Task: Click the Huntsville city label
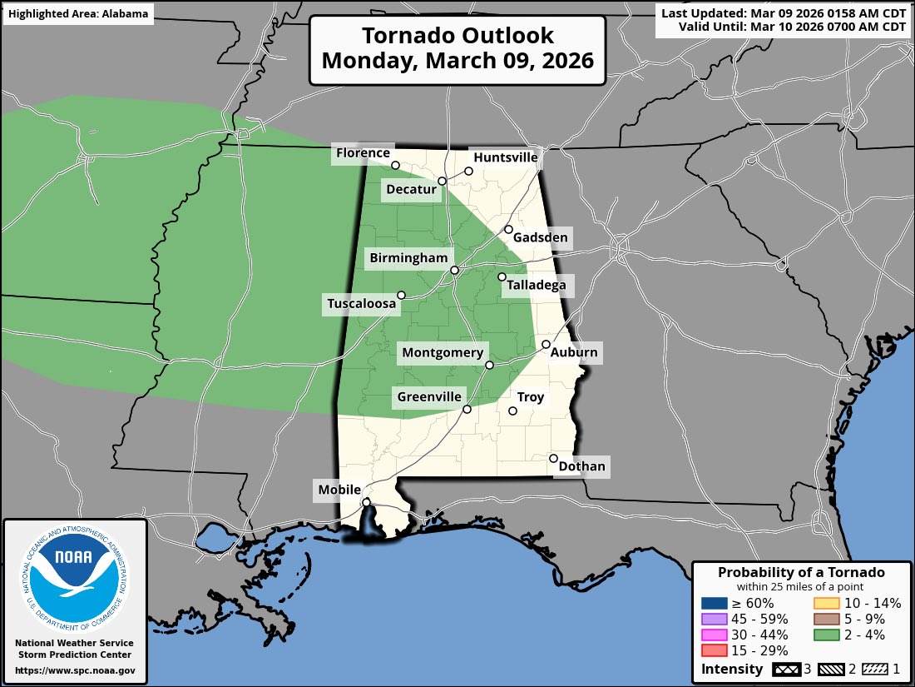point(505,157)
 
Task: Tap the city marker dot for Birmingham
point(455,271)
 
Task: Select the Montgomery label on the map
point(442,353)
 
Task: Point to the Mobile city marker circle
point(366,502)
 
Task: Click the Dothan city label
point(581,466)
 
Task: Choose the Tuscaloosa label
point(361,305)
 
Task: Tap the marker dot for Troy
point(513,411)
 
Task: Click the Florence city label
point(362,153)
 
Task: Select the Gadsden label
point(540,238)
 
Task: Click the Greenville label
point(428,397)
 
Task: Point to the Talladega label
point(536,286)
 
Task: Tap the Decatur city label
point(411,190)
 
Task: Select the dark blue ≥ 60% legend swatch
point(715,603)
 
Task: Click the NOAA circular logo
point(75,574)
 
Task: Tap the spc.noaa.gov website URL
point(75,670)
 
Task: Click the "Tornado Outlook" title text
point(457,36)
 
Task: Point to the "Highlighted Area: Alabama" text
point(78,14)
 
